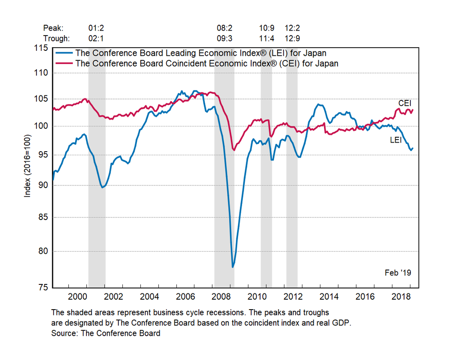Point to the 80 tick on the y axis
click(x=43, y=251)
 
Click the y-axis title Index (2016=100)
click(x=28, y=167)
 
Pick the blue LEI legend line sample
click(x=63, y=54)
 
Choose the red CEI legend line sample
click(x=63, y=63)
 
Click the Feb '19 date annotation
click(x=398, y=273)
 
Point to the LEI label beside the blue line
click(x=396, y=140)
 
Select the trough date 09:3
click(x=224, y=38)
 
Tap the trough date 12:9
click(x=292, y=38)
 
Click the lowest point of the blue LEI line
click(x=233, y=267)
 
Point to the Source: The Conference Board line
click(x=106, y=333)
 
